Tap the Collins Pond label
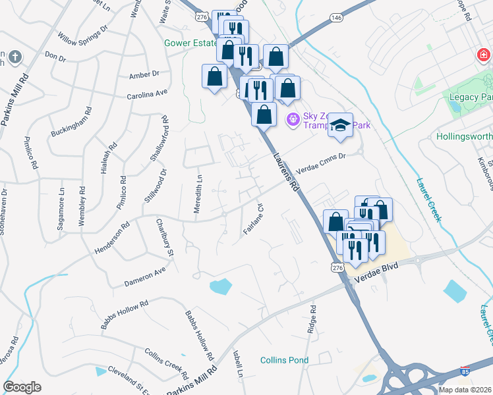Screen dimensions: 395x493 (284, 360)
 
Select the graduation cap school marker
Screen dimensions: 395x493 (340, 125)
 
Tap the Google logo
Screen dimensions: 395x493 (22, 387)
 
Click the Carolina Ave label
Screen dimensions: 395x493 (148, 95)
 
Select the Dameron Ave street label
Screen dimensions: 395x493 (145, 278)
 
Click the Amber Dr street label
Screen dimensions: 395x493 (144, 74)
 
